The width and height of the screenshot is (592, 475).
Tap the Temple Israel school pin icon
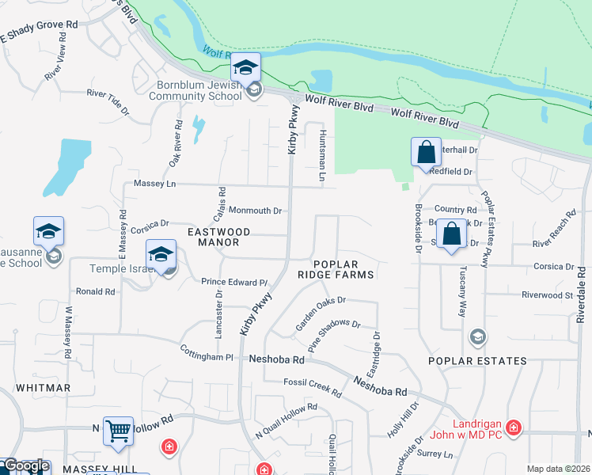[161, 255]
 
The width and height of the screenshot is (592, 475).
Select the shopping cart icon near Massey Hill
[118, 431]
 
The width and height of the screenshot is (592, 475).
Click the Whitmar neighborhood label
[43, 388]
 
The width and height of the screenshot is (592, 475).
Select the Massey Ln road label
[154, 184]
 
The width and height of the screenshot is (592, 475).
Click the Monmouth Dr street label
[255, 211]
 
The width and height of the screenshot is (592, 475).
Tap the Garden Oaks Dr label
[321, 313]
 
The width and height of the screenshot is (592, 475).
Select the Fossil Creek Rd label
[313, 388]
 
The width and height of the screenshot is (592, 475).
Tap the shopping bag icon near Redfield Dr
[426, 153]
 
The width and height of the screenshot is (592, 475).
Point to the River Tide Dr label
[108, 102]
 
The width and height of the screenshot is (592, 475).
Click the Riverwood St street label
[547, 295]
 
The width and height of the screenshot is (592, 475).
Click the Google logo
[26, 466]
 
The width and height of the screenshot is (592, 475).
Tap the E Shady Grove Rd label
[39, 31]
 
